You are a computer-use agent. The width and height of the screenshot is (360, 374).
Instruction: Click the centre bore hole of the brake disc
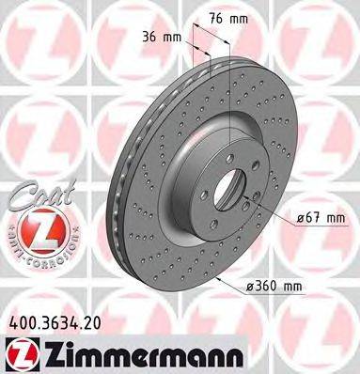coord(228,186)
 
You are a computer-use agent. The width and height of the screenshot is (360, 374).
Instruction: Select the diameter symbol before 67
coord(298,217)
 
